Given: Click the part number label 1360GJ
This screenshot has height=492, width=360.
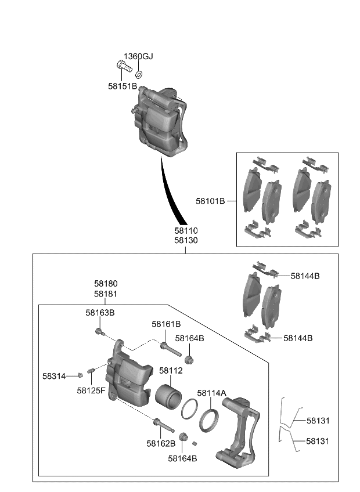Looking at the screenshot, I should pos(138,56).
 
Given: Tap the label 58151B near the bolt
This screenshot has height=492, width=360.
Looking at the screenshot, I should pos(123,86).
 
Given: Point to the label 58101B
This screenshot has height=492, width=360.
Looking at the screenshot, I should pos(210,201).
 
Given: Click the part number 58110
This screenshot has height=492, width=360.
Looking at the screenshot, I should pos(185,230).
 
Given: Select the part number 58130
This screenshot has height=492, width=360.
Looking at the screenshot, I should pos(185,240).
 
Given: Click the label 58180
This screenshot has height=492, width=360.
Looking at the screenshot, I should pos(106,284).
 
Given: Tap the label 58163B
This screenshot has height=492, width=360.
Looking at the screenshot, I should pos(100,312).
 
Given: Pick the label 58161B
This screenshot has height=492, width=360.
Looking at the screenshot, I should pos(166,324).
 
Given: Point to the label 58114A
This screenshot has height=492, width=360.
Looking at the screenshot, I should pos(211,393).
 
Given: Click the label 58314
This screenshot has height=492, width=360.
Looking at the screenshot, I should pos(53,376).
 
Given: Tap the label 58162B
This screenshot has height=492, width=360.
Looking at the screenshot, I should pos(161,443).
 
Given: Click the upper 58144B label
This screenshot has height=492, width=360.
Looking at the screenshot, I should pos(305,276).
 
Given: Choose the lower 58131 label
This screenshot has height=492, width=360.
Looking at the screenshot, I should pos(318,441).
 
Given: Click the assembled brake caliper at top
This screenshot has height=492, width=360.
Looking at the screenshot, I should pos(160,122).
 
